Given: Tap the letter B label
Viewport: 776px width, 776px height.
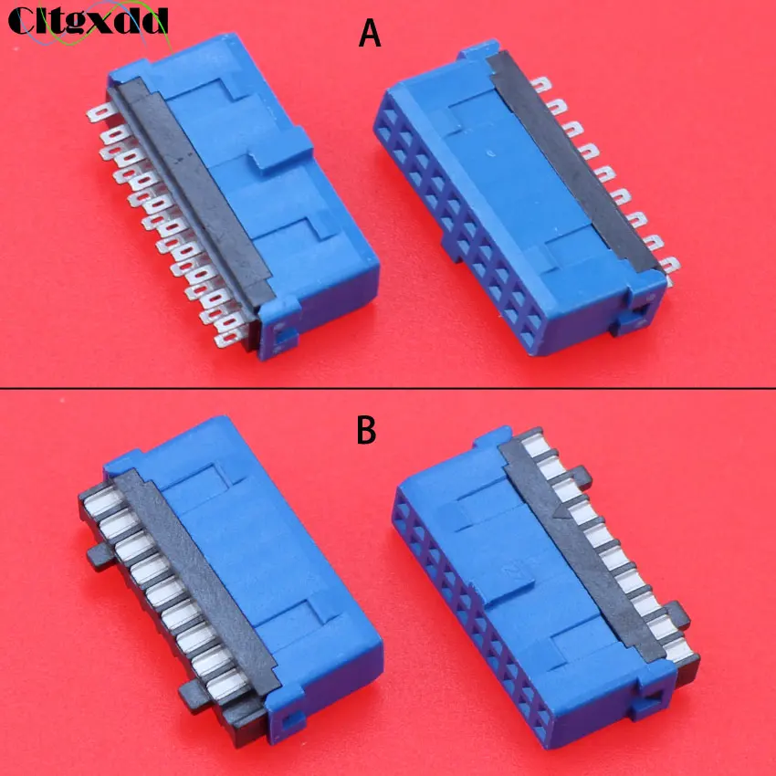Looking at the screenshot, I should coord(366,430).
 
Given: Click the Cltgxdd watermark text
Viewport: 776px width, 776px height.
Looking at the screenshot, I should coord(88,19).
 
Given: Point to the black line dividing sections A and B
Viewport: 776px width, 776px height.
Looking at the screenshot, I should coord(388,388).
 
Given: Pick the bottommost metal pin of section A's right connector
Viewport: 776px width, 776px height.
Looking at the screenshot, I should coord(671,267).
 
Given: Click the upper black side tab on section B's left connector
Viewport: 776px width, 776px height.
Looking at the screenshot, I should coord(96,554).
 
